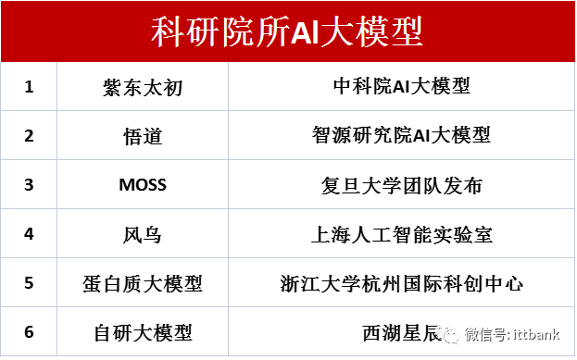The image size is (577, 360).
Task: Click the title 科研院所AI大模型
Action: (x=287, y=32)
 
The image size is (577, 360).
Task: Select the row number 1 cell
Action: (x=29, y=86)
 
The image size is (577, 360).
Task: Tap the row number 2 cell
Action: (x=29, y=135)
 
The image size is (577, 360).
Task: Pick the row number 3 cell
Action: (x=29, y=184)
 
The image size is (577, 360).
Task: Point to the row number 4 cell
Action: (x=29, y=233)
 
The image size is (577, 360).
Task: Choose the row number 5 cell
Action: (x=29, y=282)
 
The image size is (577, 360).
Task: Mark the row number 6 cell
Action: (x=29, y=331)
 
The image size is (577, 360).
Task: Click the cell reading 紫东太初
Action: (x=143, y=86)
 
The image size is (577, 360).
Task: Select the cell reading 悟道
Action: (x=143, y=135)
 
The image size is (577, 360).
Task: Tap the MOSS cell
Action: (x=143, y=184)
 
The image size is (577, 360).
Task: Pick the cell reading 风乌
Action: (x=143, y=233)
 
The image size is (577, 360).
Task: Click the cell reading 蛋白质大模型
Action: (x=143, y=282)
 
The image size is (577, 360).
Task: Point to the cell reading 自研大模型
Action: (x=143, y=331)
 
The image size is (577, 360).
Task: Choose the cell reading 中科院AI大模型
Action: (x=401, y=86)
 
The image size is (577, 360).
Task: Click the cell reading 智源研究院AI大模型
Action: (x=401, y=135)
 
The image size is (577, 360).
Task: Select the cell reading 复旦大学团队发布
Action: (x=401, y=184)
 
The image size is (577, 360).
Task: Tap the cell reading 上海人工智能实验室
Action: (x=401, y=233)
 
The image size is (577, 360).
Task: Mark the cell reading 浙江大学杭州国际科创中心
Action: (x=401, y=282)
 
